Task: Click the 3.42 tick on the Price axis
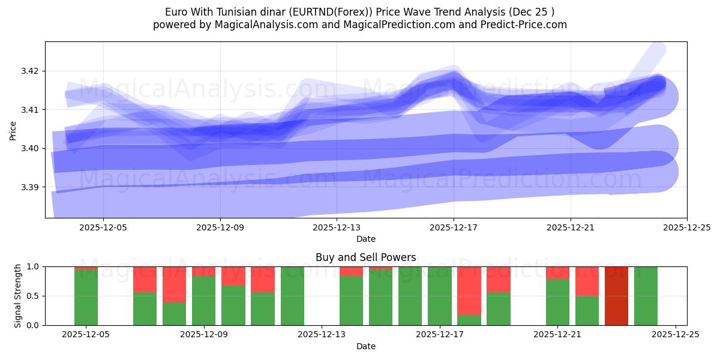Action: click(29, 71)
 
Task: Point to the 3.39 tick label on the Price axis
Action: click(29, 187)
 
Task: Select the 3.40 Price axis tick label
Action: click(29, 148)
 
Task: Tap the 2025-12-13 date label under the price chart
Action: click(337, 227)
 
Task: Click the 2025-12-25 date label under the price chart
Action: click(686, 227)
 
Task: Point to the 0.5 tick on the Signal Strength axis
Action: click(33, 296)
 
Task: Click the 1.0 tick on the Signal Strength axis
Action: click(33, 266)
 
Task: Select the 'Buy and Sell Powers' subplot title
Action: click(365, 257)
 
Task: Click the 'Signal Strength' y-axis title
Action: click(18, 296)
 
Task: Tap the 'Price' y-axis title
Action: click(13, 130)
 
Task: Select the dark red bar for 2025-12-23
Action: click(616, 296)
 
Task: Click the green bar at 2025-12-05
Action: click(86, 298)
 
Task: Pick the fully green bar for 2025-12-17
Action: click(439, 296)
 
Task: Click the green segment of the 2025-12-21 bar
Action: click(557, 302)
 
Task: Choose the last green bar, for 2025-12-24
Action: click(646, 296)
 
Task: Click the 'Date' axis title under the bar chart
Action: click(365, 346)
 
